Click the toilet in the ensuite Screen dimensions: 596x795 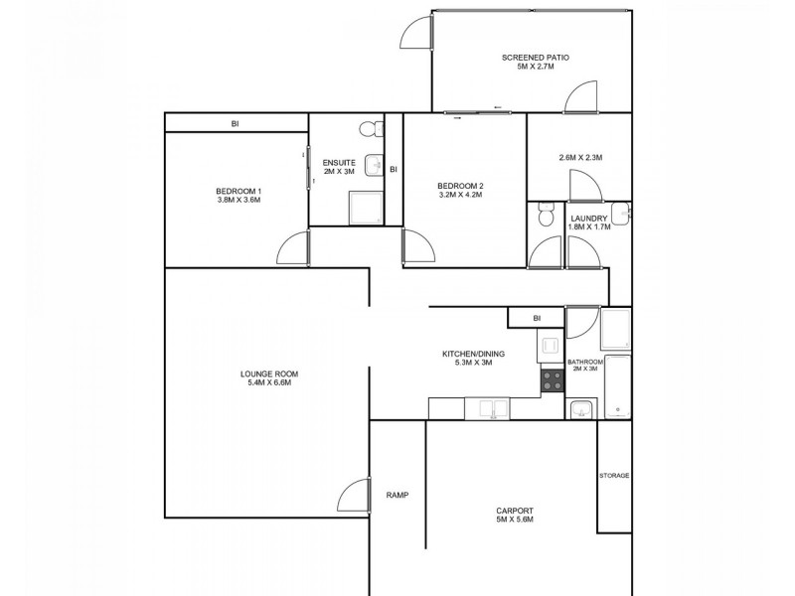369,128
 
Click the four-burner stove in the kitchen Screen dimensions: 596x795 552,378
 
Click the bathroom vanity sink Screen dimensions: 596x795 581,408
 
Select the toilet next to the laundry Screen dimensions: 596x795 543,214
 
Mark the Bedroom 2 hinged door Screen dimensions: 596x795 417,248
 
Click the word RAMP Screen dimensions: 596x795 397,495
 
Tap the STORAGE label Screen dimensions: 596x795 614,476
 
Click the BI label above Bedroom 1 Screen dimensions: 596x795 236,123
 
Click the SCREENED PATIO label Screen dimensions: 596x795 535,58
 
